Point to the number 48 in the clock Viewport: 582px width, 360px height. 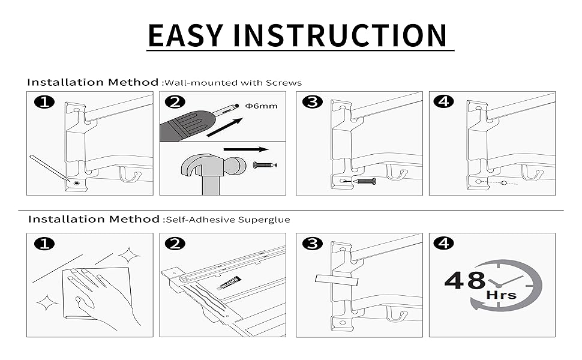coord(465,280)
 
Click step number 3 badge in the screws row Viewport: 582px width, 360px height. coord(313,102)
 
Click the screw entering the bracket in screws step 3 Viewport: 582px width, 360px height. coord(364,181)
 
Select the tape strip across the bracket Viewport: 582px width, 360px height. coord(335,280)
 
